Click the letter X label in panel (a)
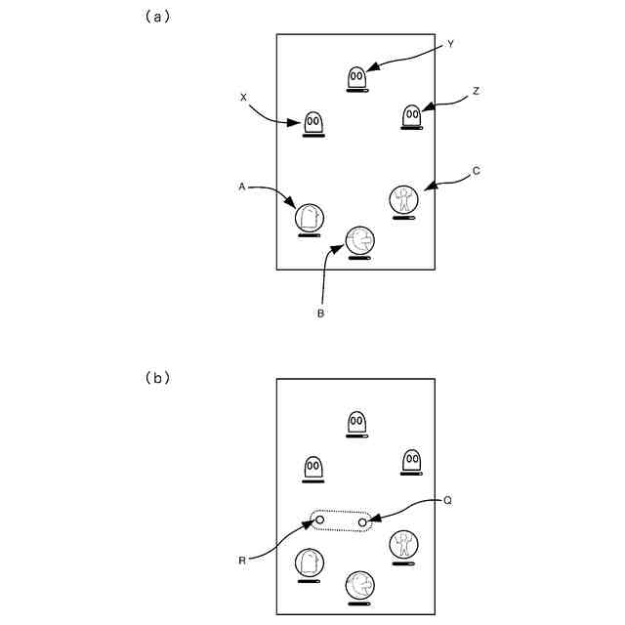click(243, 97)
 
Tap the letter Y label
click(450, 44)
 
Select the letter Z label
click(476, 92)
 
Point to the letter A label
click(241, 185)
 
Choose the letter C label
click(476, 171)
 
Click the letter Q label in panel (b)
click(447, 500)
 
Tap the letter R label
click(241, 562)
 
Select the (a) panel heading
click(154, 17)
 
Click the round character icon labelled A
click(310, 218)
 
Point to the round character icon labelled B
click(359, 240)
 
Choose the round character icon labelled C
click(403, 199)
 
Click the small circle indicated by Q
click(362, 523)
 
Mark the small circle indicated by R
click(319, 521)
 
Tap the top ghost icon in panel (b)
click(357, 423)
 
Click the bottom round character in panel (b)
click(359, 585)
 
